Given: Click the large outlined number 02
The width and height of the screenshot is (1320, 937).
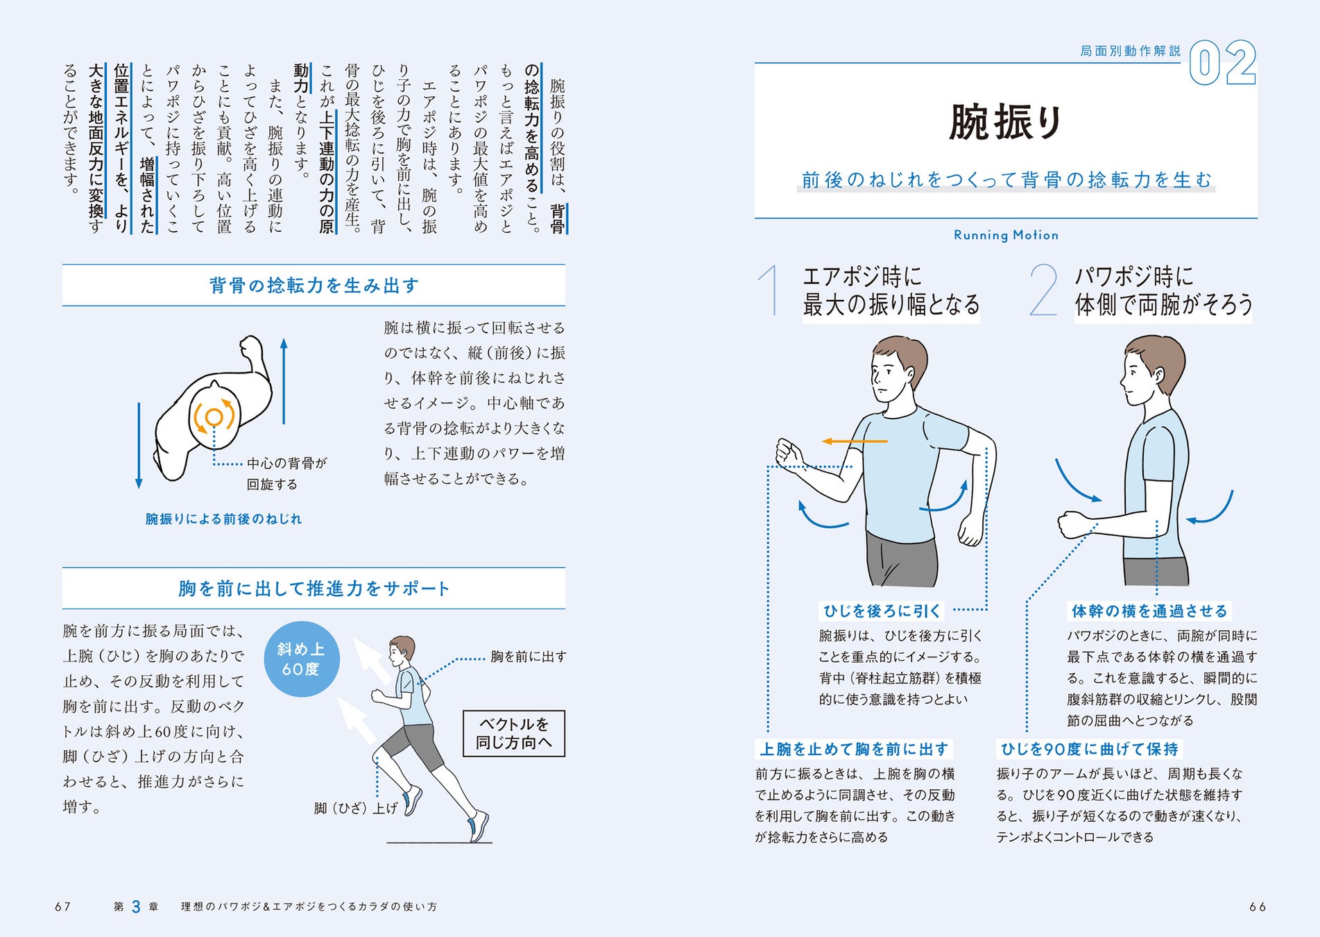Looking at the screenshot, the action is tap(1223, 63).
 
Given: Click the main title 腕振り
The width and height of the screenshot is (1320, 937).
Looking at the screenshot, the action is tap(1006, 122).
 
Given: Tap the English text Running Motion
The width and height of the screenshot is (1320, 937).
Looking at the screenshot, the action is tap(1006, 235).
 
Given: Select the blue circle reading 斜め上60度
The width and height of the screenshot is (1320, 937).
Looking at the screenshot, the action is tap(301, 659).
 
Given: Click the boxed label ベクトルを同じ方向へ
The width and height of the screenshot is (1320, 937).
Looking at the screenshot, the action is tap(514, 734).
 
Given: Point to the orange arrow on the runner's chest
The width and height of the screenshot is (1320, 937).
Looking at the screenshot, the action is tap(855, 441).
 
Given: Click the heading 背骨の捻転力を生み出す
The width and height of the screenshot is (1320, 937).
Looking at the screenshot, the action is tap(314, 285).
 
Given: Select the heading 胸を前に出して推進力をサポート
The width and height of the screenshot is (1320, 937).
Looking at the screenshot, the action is tap(314, 589).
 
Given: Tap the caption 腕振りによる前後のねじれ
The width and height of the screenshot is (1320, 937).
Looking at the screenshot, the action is tap(223, 519).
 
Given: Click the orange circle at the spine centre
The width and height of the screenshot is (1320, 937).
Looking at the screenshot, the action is tap(214, 416).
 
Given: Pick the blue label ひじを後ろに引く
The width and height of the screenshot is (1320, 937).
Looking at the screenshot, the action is tap(882, 611).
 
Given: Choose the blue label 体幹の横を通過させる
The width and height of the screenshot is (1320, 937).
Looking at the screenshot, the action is tap(1149, 611).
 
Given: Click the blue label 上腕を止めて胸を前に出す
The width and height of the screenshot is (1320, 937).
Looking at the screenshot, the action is tap(854, 749).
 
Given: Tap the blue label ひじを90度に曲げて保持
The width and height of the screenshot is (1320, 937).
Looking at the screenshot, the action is tap(1089, 749).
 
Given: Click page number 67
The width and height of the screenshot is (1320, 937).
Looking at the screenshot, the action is tap(62, 906).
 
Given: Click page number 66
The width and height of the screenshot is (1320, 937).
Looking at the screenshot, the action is tap(1258, 906).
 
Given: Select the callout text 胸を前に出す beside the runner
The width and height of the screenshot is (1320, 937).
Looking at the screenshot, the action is tap(528, 657).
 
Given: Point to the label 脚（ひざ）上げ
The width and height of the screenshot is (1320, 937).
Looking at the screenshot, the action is tap(355, 808).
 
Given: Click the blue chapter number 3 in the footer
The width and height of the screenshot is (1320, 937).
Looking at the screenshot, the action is tap(136, 906).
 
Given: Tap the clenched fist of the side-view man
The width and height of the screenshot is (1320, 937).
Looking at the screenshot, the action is tap(1072, 525).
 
